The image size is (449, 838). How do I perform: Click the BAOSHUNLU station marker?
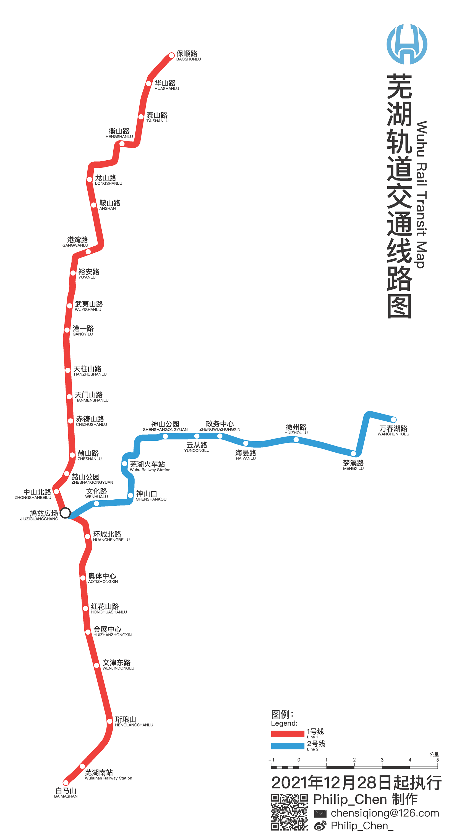(171, 56)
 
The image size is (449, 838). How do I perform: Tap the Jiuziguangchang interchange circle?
(65, 513)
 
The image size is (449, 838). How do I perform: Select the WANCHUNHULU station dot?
(393, 420)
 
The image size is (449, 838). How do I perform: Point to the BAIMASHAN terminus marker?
(66, 782)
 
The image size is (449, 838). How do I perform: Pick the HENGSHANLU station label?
(119, 133)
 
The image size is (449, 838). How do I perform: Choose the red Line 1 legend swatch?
(287, 734)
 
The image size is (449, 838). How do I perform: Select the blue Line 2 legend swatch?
(287, 746)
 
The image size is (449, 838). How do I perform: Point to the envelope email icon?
(320, 813)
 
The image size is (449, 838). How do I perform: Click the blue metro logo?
(407, 44)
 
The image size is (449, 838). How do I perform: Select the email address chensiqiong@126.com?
(385, 813)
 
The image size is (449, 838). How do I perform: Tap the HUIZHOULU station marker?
(296, 440)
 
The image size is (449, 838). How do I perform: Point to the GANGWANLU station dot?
(88, 251)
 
